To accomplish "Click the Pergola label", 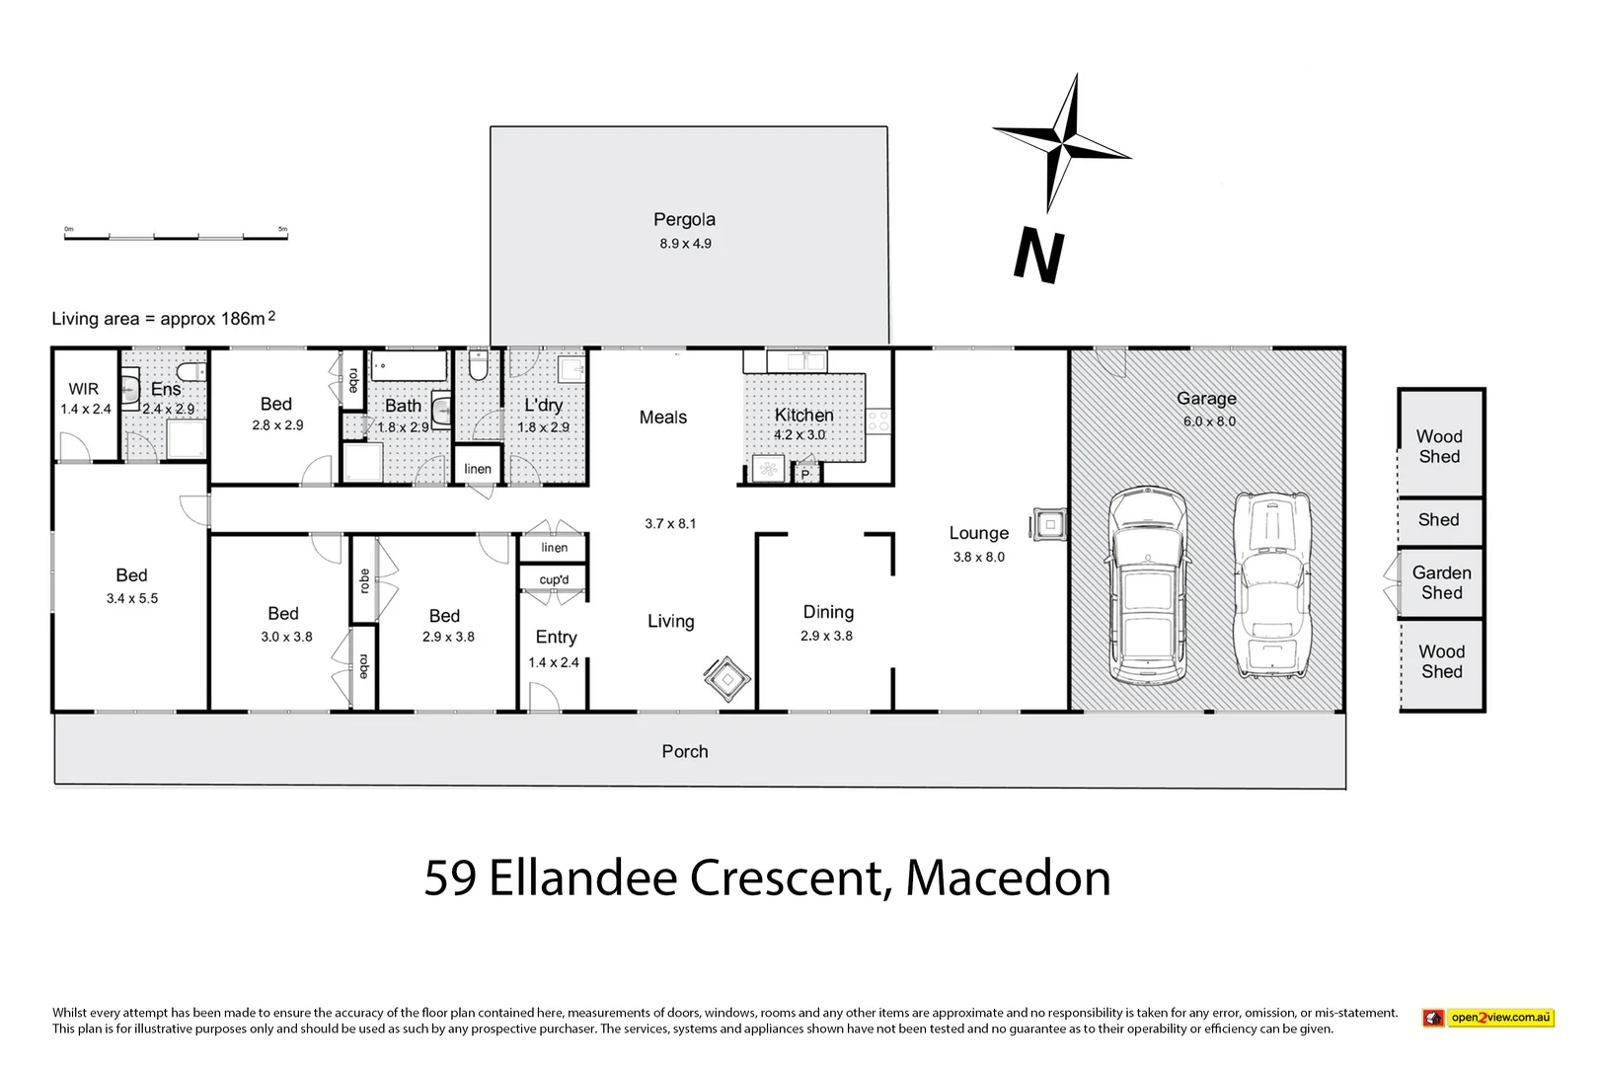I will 684,219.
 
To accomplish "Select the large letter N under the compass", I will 1038,256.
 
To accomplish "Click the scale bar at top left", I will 176,236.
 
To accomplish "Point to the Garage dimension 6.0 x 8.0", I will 1209,421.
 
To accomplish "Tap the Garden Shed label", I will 1441,582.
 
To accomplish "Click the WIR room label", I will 84,389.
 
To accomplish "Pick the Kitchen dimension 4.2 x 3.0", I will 799,435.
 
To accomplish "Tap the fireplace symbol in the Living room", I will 728,679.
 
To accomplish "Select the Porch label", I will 685,751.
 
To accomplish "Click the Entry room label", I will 556,638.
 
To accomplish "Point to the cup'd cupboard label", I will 554,580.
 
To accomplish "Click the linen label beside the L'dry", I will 478,469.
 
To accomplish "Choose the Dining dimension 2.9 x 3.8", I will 826,636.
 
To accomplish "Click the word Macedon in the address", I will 1008,877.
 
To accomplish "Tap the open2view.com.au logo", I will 1487,1018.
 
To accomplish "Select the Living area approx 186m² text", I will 163,318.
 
